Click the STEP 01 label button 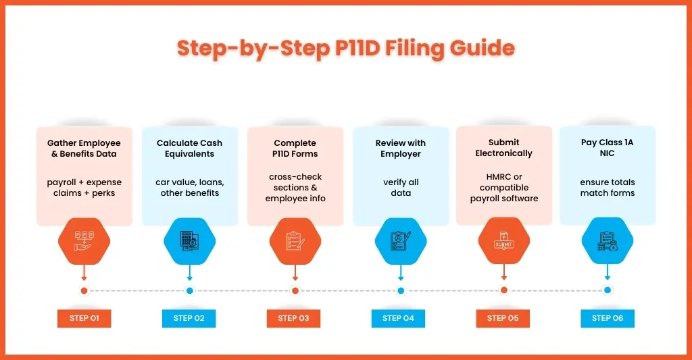[x=84, y=318]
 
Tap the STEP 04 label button [x=398, y=318]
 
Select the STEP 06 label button [x=608, y=318]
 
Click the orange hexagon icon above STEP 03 [x=295, y=241]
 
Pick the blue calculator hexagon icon [x=190, y=241]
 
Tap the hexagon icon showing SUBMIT [x=504, y=241]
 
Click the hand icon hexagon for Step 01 [x=84, y=241]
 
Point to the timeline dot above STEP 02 [x=190, y=290]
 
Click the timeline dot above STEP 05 [x=504, y=290]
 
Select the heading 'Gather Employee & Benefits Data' [x=84, y=148]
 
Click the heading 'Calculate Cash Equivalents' [x=190, y=148]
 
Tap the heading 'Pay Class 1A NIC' [x=608, y=147]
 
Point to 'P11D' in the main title [x=357, y=48]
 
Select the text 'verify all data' [x=401, y=188]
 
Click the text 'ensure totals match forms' [x=608, y=188]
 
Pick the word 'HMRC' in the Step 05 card [x=498, y=177]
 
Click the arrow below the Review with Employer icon [x=401, y=273]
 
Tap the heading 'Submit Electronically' [x=504, y=148]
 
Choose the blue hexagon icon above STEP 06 [x=608, y=241]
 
